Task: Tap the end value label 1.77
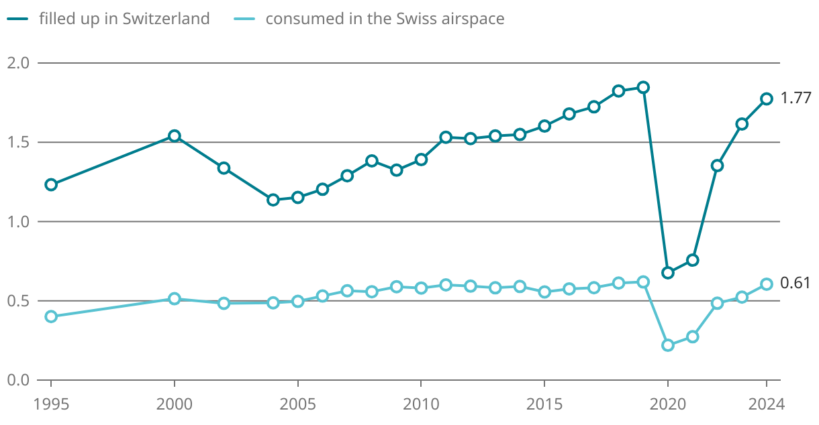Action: (x=796, y=99)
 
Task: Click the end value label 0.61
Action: (x=796, y=284)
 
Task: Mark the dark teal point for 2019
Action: (x=643, y=87)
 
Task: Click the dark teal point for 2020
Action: (x=668, y=273)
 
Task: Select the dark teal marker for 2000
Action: (x=175, y=136)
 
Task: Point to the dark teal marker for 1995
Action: (x=51, y=185)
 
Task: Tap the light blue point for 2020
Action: (x=668, y=345)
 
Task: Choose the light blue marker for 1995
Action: (x=51, y=316)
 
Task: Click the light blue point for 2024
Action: (x=767, y=284)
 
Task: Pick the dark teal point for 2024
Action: (x=767, y=99)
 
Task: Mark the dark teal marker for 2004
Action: (x=273, y=200)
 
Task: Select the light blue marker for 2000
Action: (x=175, y=299)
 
